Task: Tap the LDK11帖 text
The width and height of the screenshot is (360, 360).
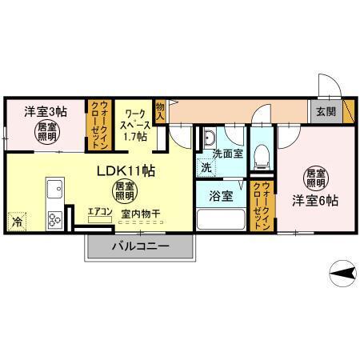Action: click(126, 170)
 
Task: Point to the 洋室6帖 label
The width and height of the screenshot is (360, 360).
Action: click(314, 200)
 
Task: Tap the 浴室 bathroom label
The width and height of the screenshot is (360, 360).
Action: click(221, 194)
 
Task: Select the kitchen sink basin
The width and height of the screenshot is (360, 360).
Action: click(55, 190)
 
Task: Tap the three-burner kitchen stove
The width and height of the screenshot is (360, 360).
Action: click(55, 217)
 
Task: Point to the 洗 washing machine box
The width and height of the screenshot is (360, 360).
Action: click(206, 168)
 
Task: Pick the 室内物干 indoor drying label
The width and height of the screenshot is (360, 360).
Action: click(140, 214)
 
